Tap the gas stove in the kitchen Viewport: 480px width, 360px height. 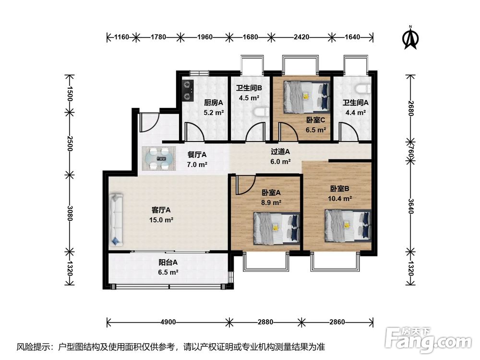188,91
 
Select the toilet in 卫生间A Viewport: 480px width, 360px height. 363,89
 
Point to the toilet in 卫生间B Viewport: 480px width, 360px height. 262,112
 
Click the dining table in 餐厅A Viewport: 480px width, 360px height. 158,158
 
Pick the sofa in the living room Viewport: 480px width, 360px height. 116,220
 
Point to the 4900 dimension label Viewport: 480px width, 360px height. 168,322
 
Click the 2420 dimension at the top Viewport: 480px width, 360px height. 301,37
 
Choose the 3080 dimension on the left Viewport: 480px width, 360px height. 70,214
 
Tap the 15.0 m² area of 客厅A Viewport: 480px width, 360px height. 161,220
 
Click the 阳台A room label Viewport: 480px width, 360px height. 168,263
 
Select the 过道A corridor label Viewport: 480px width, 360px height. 280,152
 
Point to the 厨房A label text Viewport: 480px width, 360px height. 214,103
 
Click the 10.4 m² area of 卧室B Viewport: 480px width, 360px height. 340,198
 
